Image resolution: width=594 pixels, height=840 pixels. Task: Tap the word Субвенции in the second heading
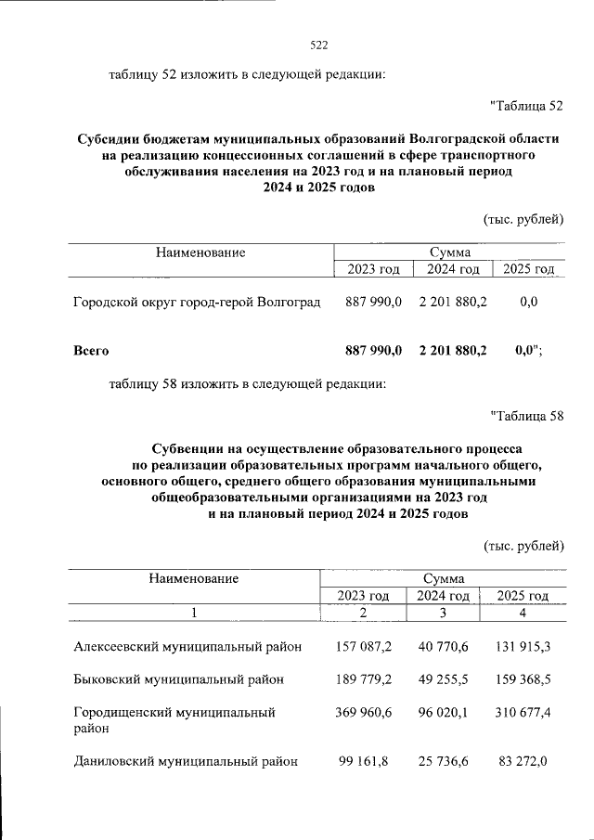point(187,446)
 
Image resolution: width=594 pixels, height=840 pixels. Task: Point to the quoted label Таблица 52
point(526,105)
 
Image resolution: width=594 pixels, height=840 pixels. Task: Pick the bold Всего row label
point(91,351)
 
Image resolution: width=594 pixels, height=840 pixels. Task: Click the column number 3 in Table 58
point(443,613)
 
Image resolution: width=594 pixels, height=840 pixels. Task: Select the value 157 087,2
point(363,645)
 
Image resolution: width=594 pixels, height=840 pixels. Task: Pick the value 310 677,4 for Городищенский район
point(523,713)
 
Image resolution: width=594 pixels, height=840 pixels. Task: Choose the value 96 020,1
point(443,713)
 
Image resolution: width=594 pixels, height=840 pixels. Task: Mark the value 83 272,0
point(523,762)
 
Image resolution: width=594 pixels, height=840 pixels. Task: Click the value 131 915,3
point(523,645)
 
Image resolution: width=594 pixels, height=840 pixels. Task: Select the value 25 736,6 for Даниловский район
point(443,762)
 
